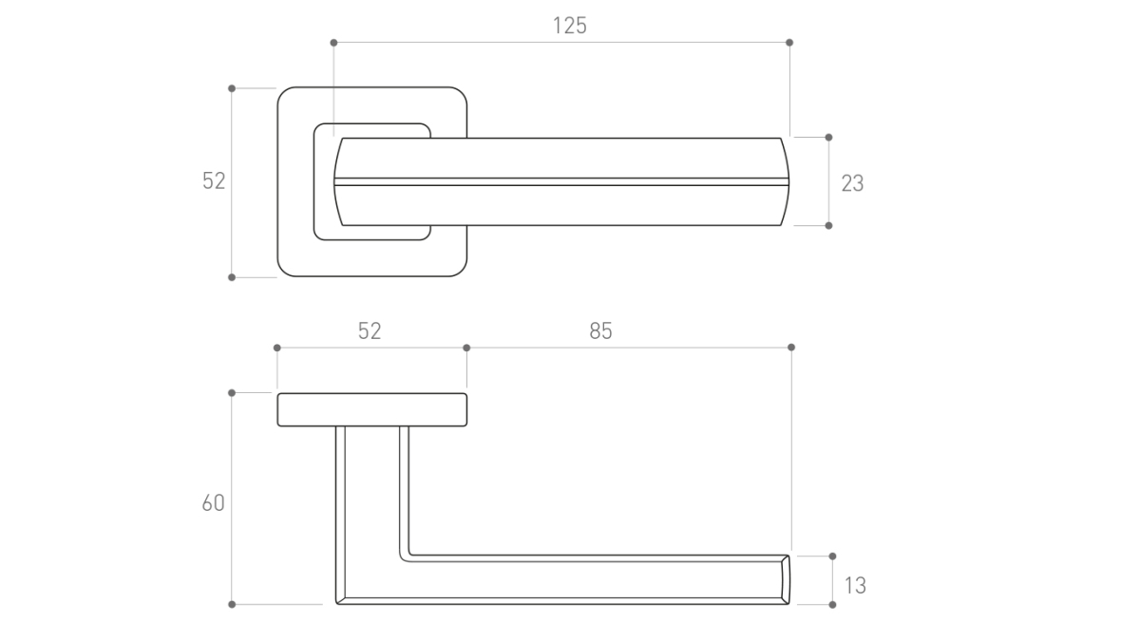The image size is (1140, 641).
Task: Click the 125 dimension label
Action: [x=569, y=26]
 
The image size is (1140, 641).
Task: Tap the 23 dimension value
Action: [x=852, y=183]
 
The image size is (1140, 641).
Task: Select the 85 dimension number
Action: [x=600, y=330]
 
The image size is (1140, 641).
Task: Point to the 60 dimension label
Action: [x=213, y=502]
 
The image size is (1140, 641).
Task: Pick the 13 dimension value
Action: [x=855, y=586]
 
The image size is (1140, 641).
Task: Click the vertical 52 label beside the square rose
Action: [x=214, y=180]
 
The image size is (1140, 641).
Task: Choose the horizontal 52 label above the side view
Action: [x=370, y=330]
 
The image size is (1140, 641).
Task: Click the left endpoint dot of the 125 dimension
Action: [x=333, y=43]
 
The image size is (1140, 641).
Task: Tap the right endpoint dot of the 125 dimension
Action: [x=789, y=43]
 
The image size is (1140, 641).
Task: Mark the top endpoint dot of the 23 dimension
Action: [x=828, y=138]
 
